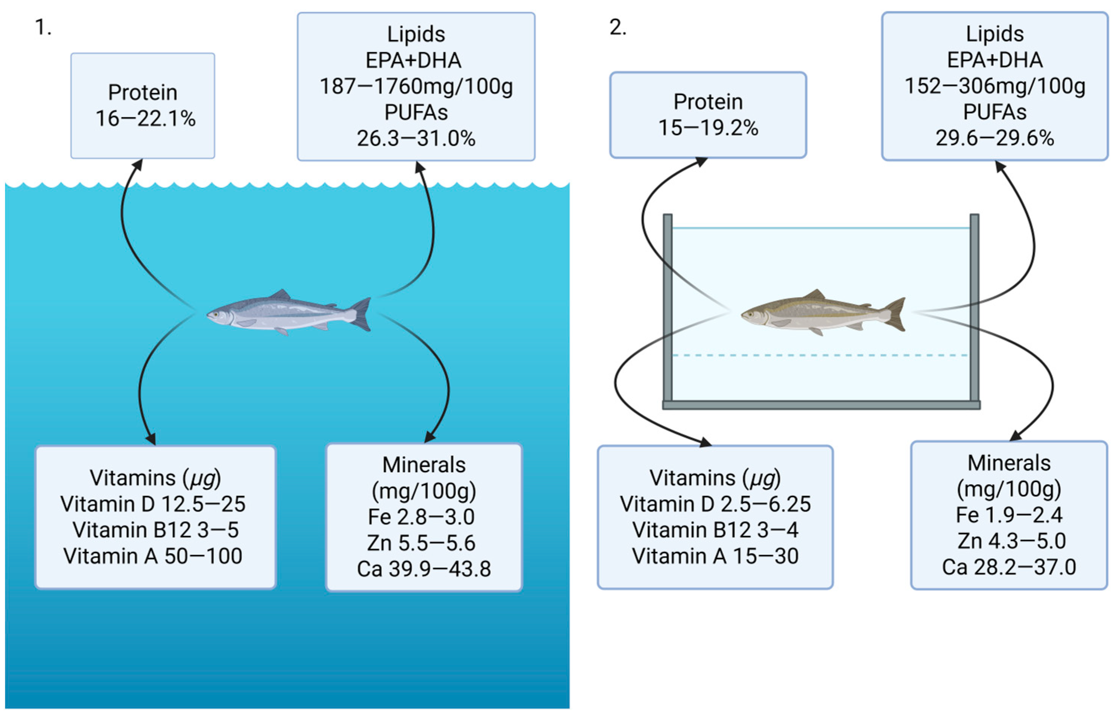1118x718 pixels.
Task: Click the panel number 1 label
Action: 42,28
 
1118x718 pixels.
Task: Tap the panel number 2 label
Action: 618,28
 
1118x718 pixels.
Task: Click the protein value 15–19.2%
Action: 708,128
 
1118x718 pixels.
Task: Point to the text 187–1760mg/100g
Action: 416,87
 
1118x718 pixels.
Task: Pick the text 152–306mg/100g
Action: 995,86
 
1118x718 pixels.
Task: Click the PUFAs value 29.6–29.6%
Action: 995,138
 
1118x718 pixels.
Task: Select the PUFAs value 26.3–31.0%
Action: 416,139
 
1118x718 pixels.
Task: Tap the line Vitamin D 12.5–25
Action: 153,504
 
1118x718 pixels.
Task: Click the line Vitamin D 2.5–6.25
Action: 715,504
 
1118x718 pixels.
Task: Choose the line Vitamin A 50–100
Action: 153,556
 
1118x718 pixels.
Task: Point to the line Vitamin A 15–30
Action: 715,556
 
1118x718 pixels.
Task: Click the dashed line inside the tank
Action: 820,355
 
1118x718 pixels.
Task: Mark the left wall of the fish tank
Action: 668,308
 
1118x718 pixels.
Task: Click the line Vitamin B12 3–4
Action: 715,530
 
